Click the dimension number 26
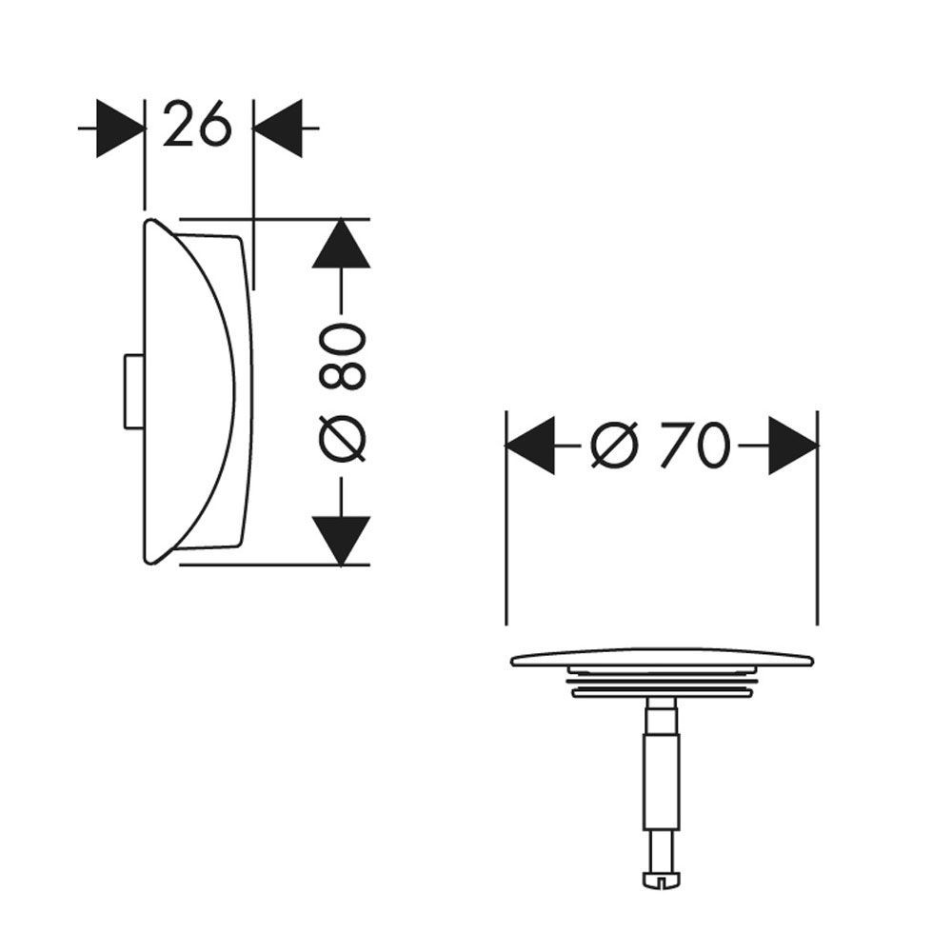197,125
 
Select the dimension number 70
695,445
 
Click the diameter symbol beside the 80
342,439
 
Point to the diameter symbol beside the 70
615,445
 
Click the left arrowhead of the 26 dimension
120,129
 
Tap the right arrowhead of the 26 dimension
277,129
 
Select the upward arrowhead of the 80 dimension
341,243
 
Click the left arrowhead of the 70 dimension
530,445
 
